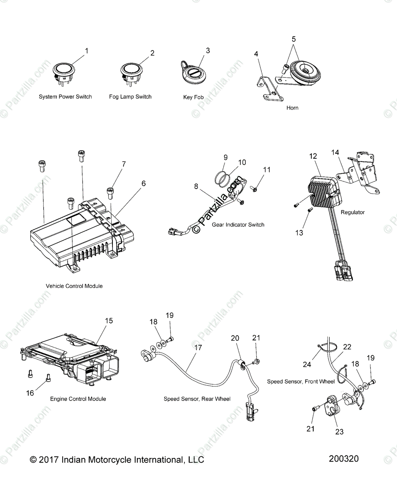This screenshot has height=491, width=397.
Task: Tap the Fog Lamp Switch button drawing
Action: point(131,72)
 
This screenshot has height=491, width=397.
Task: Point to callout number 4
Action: point(256,54)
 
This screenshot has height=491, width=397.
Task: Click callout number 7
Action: point(123,164)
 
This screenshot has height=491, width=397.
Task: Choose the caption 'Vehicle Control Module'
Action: point(74,286)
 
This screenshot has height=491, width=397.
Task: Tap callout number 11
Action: point(267,169)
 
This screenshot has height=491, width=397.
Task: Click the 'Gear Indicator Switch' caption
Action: point(238,225)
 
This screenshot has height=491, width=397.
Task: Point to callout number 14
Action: point(335,153)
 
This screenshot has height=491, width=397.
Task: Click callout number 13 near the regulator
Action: point(299,232)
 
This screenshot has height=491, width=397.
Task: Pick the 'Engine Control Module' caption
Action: point(78,399)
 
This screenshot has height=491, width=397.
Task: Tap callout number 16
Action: point(30,393)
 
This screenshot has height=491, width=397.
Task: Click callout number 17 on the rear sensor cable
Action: point(198,348)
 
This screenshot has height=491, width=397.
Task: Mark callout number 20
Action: point(235,338)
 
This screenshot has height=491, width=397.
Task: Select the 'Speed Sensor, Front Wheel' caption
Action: point(301,381)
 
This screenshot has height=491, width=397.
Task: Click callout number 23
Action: point(339,432)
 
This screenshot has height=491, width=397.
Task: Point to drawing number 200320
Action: point(343,459)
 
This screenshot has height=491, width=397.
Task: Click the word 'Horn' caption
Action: point(292,108)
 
